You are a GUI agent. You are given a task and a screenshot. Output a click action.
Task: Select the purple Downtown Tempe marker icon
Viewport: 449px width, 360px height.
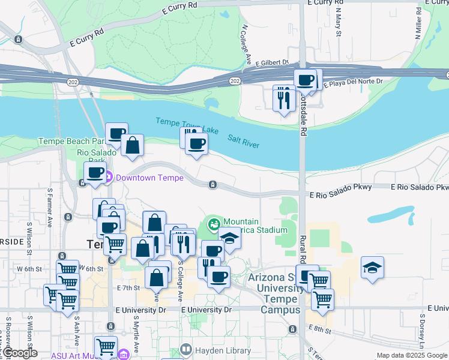[x=109, y=177]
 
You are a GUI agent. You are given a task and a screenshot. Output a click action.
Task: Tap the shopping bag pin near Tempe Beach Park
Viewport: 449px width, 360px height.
[x=132, y=146]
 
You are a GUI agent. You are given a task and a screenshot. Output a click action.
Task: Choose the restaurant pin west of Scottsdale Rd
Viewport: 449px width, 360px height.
[x=283, y=97]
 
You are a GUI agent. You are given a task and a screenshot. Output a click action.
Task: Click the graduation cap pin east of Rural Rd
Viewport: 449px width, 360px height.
[x=372, y=268]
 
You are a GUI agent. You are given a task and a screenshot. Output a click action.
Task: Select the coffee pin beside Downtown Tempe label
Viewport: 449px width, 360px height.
[x=95, y=173]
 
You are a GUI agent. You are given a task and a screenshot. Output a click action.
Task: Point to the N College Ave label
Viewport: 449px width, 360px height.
[x=246, y=44]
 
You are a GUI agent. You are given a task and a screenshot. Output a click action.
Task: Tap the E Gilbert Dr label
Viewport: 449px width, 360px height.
[x=272, y=62]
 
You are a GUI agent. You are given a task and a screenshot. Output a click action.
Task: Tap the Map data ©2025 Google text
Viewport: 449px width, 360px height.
[x=411, y=356]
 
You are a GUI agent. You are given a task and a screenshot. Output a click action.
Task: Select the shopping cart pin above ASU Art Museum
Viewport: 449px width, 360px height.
[x=106, y=346]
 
